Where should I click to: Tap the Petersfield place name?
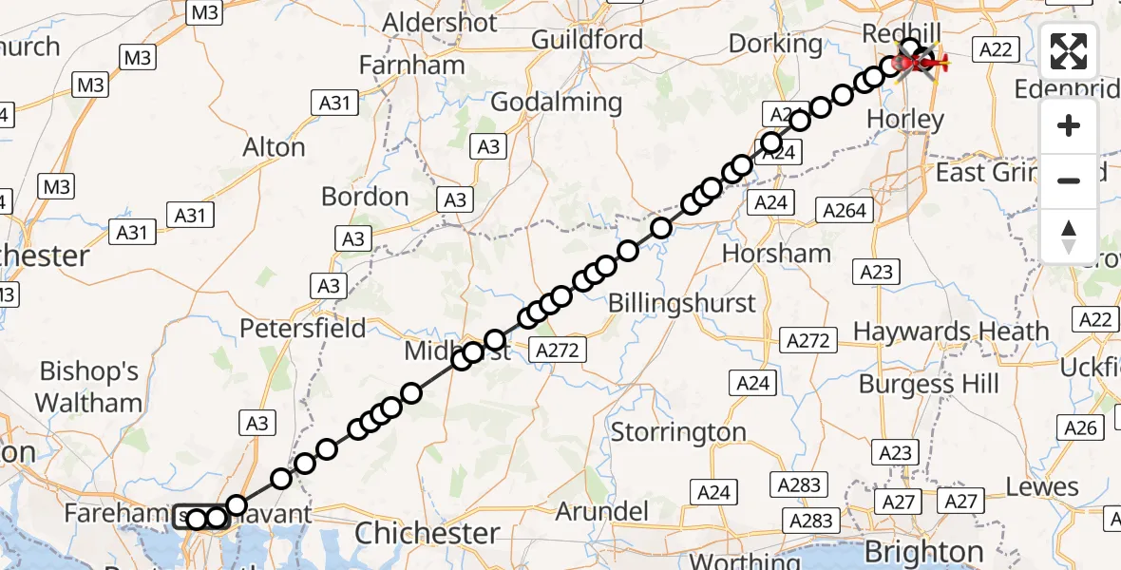303,329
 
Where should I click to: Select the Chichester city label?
427,533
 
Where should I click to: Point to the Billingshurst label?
682,303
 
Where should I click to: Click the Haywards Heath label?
951,332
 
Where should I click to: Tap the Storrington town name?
678,432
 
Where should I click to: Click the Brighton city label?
924,552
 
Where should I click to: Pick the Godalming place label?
558,103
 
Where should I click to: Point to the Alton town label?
274,147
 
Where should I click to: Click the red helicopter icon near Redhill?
919,64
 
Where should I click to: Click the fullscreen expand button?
1069,52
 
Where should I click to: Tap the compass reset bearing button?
1069,237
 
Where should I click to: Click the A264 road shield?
844,211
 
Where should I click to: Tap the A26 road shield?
1081,428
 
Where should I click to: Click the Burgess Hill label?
929,384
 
